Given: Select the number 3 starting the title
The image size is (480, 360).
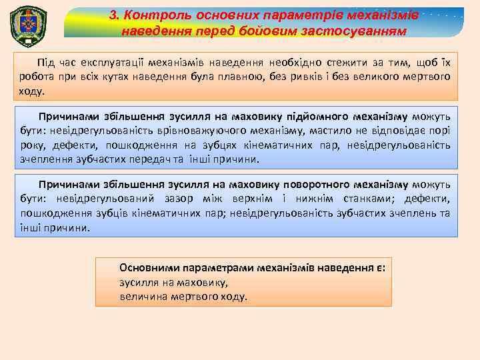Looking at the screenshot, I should pyautogui.click(x=114, y=15).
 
